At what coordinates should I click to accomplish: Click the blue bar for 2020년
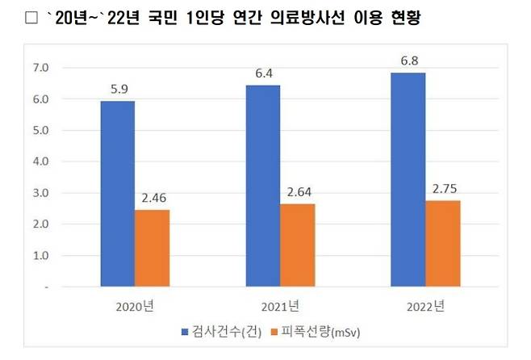coord(118,194)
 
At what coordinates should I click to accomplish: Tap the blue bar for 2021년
coord(262,186)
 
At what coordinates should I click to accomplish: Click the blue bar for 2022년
coord(408,179)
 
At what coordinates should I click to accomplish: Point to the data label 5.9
coord(118,90)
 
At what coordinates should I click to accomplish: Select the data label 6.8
coord(408,62)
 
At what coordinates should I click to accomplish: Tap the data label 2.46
coord(153,199)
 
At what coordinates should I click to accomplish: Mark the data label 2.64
coord(297,193)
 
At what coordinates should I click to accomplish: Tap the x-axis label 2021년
coord(279,306)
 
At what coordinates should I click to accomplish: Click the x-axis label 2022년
coord(424,306)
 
